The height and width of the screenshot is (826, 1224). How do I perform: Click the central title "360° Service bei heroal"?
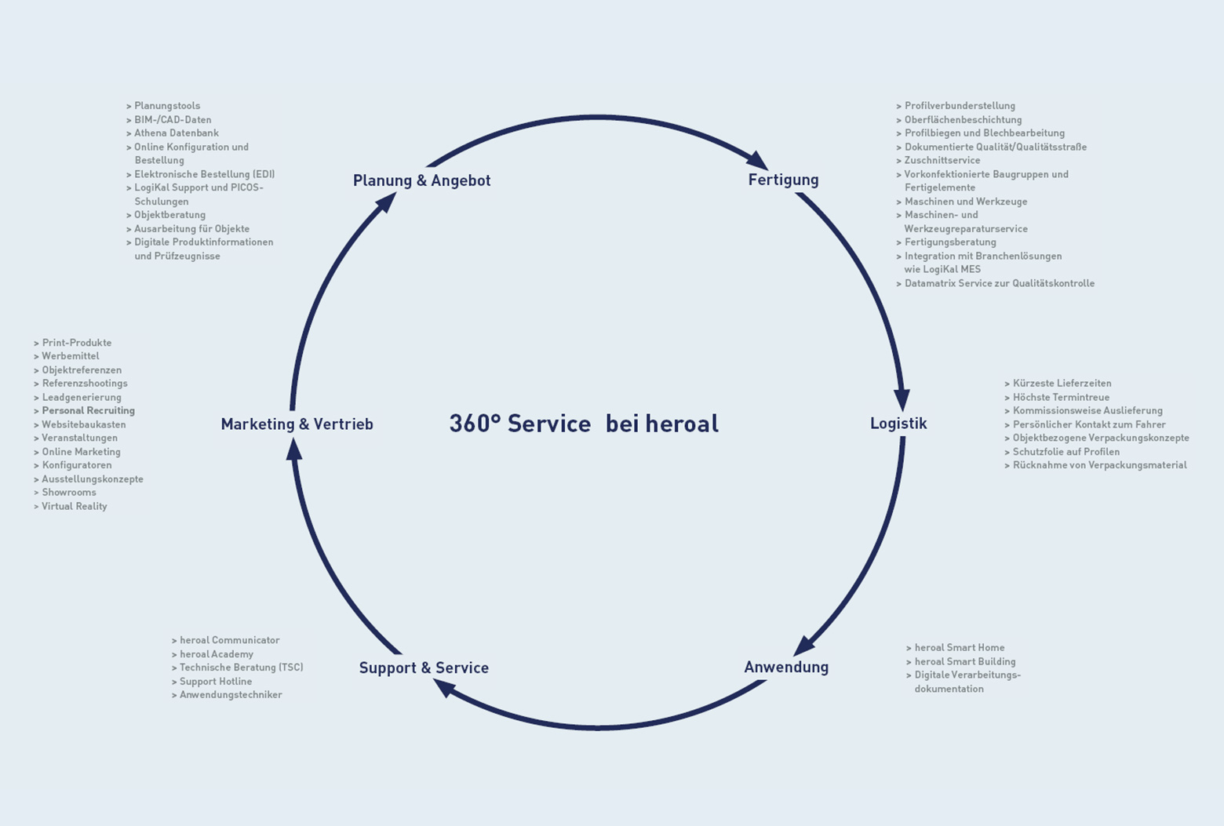584,424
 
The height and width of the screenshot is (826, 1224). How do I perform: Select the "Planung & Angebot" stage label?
421,180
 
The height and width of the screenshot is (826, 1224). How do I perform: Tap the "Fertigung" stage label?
783,180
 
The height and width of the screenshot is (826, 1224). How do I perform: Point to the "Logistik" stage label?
898,424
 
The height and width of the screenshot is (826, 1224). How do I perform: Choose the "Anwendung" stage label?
786,667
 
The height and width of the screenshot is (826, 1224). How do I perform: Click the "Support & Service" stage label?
424,668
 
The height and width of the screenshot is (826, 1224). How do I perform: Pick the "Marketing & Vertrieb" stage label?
297,424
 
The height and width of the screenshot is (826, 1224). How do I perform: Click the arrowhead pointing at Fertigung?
756,159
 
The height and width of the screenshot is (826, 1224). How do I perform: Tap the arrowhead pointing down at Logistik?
902,398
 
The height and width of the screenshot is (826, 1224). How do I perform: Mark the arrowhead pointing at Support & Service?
444,688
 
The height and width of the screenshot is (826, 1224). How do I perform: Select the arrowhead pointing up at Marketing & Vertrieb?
293,449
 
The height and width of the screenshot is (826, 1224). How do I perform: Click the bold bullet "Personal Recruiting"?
88,410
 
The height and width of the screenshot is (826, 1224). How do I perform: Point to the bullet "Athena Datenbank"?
176,133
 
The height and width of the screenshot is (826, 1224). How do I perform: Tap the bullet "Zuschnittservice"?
942,160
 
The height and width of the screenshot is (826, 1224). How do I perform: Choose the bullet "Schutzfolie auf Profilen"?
1066,452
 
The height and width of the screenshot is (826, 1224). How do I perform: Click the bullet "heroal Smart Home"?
959,648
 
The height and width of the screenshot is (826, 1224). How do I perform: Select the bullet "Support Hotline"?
215,682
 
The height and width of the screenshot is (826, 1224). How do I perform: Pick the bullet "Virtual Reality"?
74,507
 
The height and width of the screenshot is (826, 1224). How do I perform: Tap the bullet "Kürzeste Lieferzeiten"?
1062,384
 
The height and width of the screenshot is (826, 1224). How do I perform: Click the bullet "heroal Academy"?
216,654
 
